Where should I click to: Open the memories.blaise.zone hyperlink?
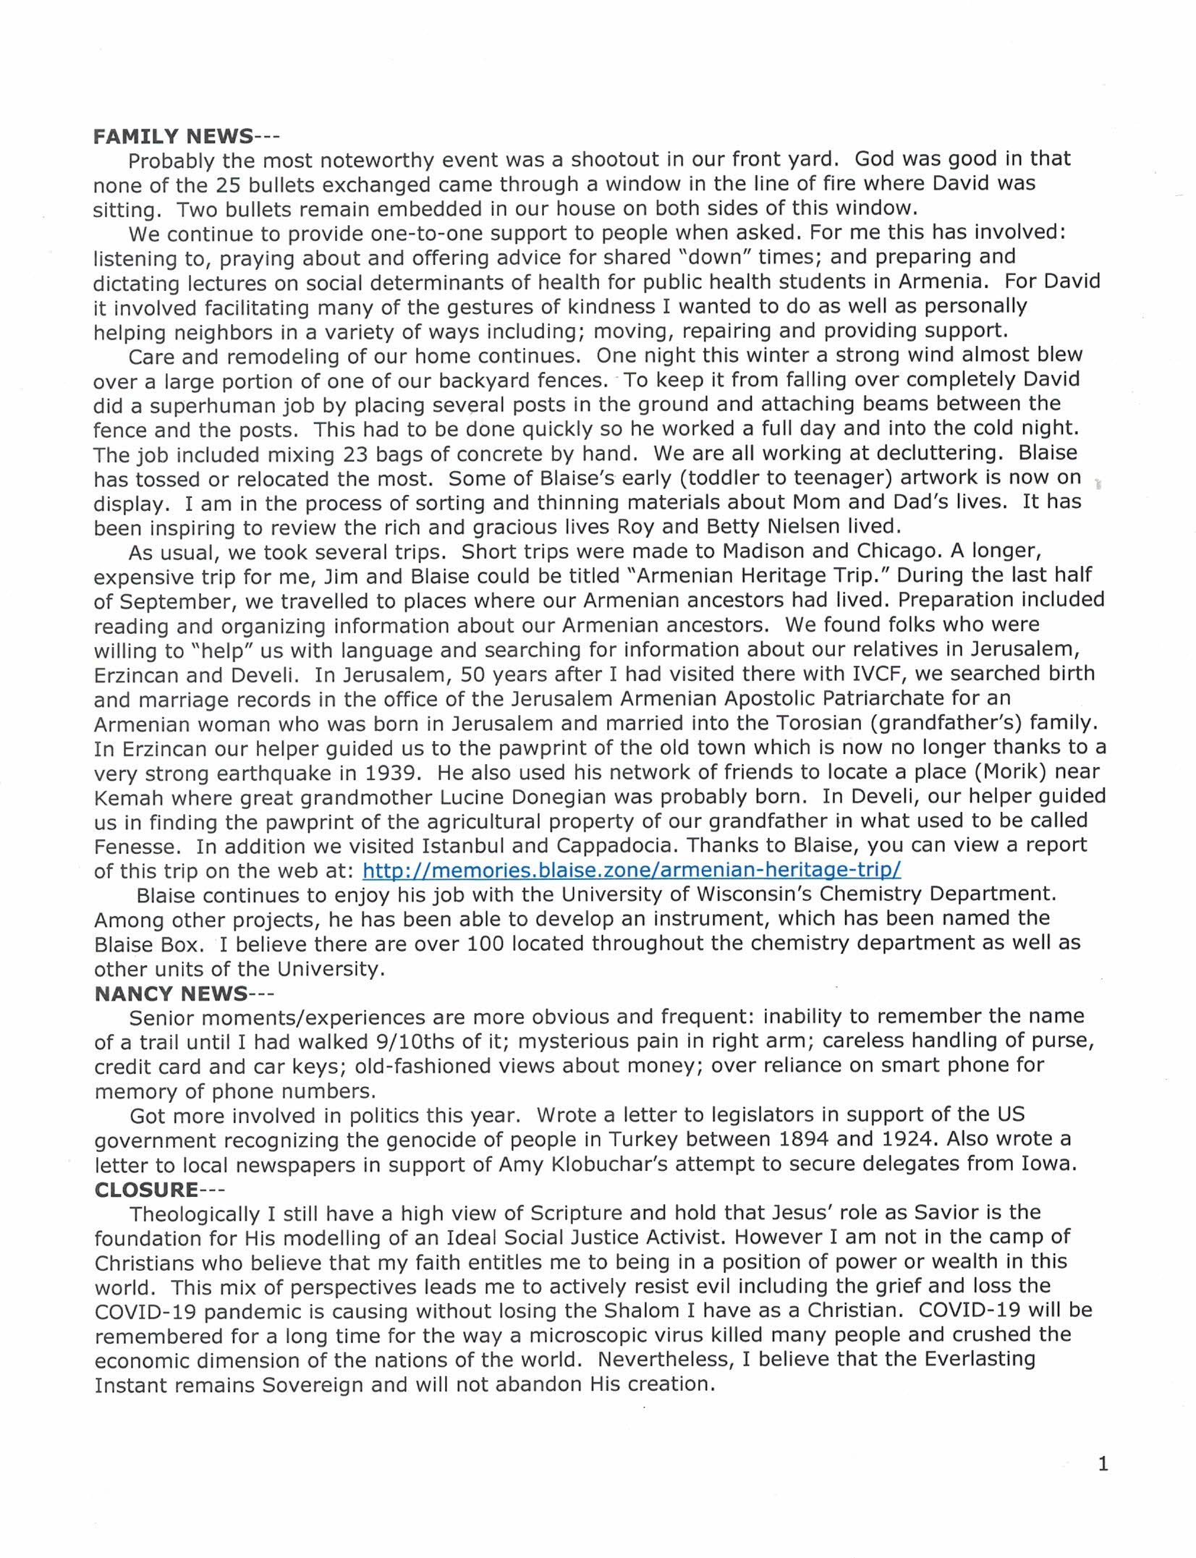point(631,869)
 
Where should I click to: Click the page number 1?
point(1103,1464)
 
